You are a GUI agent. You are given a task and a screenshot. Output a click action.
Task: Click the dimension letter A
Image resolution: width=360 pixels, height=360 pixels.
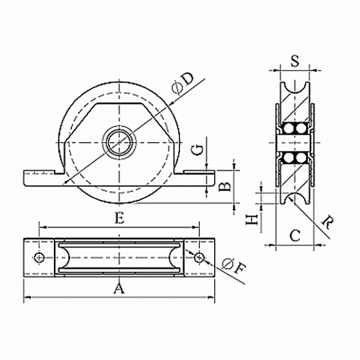119,289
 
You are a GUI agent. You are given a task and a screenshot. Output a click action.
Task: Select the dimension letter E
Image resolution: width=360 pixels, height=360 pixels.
120,218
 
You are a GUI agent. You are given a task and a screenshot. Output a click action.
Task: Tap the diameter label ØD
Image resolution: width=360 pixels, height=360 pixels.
182,83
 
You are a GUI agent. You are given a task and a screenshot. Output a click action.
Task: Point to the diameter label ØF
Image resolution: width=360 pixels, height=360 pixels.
234,266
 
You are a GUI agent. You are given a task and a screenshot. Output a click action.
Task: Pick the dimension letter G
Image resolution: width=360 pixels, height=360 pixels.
198,150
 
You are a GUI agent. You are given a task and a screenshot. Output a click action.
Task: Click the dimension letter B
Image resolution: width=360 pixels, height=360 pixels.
225,187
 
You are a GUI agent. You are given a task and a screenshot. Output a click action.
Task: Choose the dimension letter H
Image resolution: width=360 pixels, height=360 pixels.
252,220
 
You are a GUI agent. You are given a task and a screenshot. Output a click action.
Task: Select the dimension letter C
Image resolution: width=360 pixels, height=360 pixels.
295,235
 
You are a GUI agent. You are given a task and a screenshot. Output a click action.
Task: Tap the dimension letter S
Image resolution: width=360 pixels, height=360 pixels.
295,61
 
